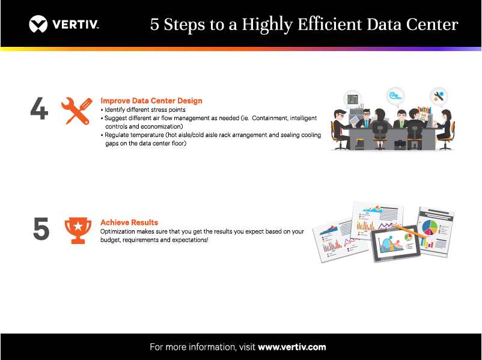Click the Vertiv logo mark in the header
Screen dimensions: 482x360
pos(38,24)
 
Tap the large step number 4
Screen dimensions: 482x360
pos(39,108)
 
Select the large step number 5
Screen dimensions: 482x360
pos(41,228)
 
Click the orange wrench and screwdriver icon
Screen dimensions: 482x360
pos(77,111)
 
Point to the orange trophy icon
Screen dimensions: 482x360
pos(78,231)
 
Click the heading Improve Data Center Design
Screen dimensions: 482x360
pos(151,100)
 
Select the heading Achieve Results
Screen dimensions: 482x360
pos(129,222)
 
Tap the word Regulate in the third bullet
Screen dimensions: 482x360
pos(117,135)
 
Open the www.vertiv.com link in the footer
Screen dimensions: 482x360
pos(291,347)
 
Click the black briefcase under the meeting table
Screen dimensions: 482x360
pos(400,144)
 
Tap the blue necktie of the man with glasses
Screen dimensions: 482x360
pos(367,123)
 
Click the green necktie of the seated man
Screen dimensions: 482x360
pos(401,124)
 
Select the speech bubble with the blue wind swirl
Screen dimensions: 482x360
pos(395,97)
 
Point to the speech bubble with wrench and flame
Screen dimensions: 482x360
pos(439,97)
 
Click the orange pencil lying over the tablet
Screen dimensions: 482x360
pos(409,231)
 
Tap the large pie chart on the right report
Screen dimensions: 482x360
pos(430,228)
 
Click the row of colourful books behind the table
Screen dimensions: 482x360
pos(424,110)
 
